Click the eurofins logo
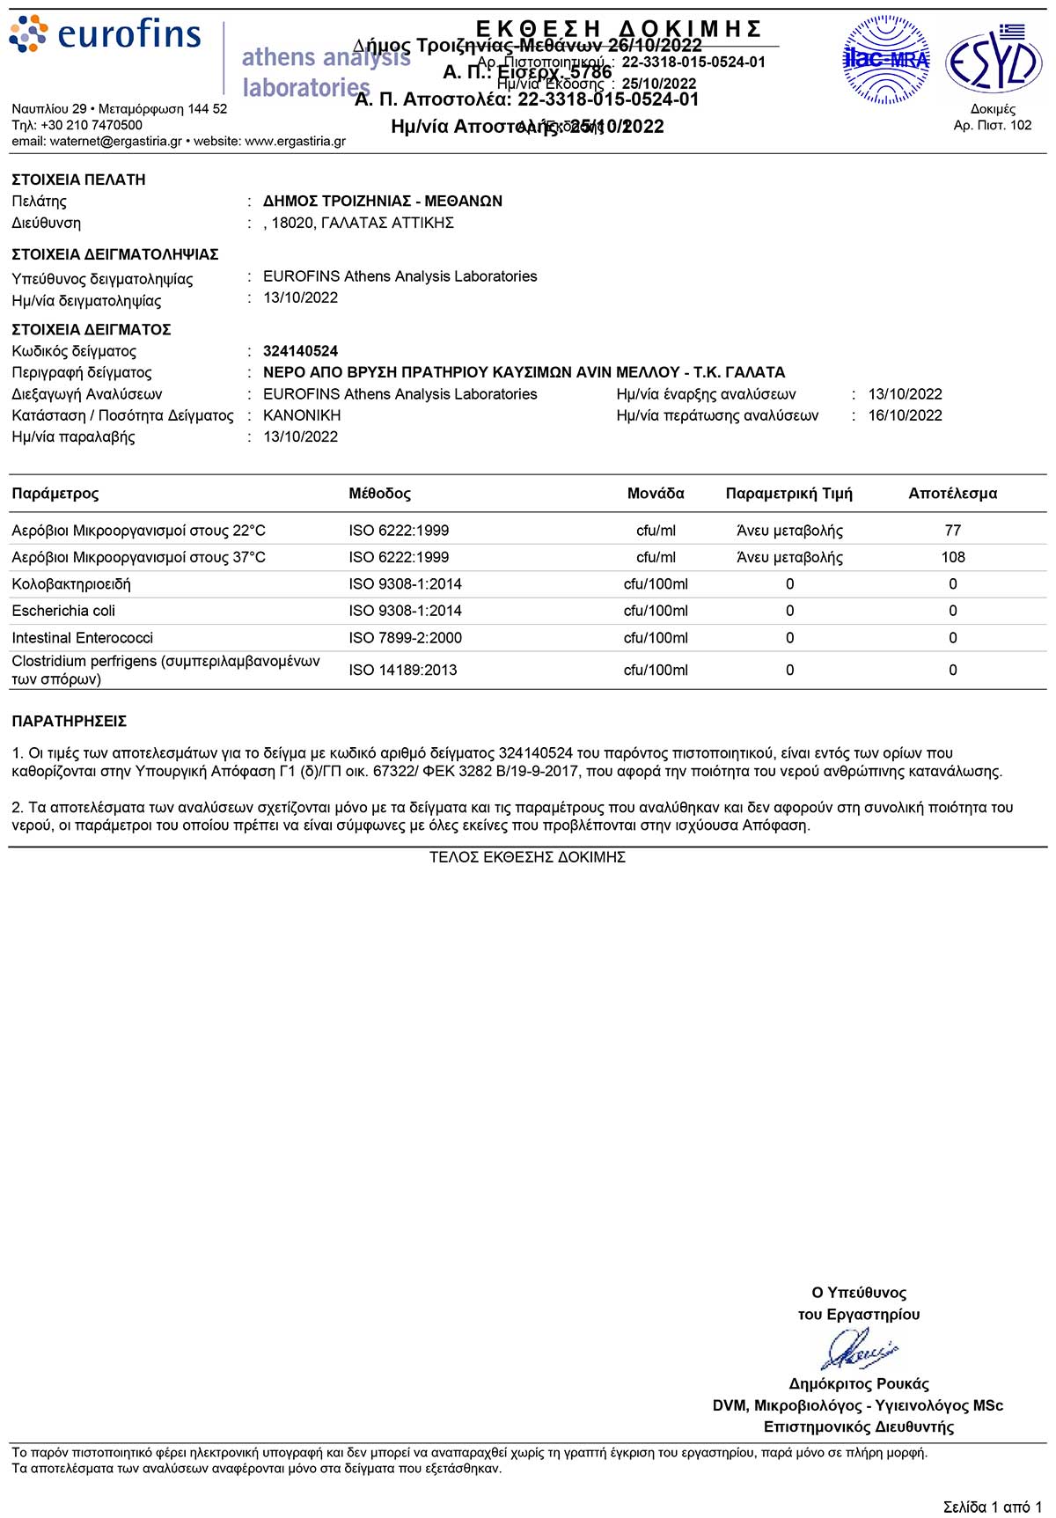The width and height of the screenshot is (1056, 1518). point(106,33)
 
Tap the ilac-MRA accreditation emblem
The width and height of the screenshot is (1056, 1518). point(886,60)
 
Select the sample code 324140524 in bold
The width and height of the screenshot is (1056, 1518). point(300,351)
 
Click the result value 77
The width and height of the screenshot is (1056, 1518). point(952,531)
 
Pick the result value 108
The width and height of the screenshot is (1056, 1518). point(952,557)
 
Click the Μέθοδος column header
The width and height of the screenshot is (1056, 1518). point(379,494)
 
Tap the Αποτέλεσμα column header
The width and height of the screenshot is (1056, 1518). point(952,494)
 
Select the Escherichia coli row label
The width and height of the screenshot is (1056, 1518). point(63,611)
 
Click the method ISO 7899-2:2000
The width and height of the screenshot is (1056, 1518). point(405,638)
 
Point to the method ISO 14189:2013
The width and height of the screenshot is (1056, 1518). point(402,670)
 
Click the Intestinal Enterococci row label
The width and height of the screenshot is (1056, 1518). point(82,638)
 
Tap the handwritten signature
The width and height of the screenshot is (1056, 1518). point(858,1348)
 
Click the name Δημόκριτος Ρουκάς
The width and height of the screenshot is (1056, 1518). point(858,1383)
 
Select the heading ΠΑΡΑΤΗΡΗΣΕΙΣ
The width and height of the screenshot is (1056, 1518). point(69,722)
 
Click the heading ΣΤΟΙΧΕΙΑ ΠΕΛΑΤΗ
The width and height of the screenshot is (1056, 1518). point(78,180)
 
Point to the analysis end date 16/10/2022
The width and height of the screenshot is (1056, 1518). point(905,415)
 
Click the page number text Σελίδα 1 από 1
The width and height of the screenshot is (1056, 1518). point(992,1507)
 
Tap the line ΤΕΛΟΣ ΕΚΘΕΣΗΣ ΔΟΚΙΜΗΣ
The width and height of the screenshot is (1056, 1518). point(527,857)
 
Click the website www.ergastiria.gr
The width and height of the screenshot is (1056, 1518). point(295,141)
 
